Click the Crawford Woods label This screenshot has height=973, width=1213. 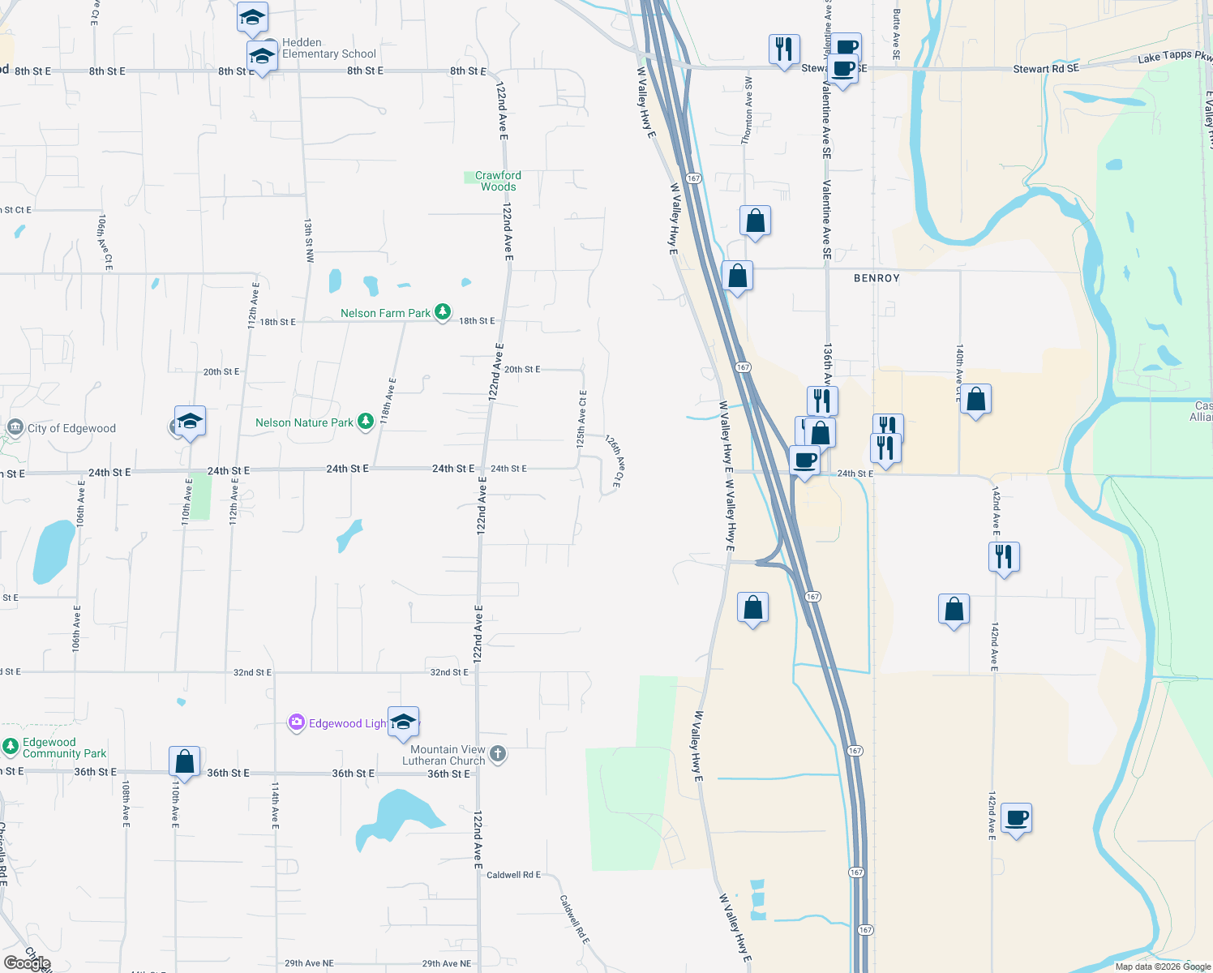[x=498, y=181]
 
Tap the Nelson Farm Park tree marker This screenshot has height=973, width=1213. [x=442, y=312]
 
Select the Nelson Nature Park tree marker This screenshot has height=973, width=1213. [x=366, y=421]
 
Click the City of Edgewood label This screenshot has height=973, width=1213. [x=71, y=428]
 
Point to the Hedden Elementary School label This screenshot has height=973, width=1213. [x=328, y=49]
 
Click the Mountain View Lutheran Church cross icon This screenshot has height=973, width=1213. [x=498, y=754]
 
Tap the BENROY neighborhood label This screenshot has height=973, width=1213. [x=877, y=278]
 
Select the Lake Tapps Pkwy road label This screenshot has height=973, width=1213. [x=1174, y=56]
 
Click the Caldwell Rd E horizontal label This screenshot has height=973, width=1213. [x=513, y=875]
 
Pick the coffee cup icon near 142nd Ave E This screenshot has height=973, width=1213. [x=1016, y=818]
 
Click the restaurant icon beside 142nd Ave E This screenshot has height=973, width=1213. [x=1004, y=557]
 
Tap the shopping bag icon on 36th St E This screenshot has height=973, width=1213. [x=184, y=762]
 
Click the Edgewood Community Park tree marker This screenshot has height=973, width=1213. [x=11, y=747]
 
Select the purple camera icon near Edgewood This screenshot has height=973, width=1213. [x=297, y=722]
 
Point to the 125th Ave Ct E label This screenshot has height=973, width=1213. [x=581, y=419]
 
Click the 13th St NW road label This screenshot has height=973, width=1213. [x=309, y=239]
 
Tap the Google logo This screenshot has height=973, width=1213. [x=27, y=962]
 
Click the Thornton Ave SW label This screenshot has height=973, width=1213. [x=748, y=112]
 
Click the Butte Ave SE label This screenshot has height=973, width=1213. [x=896, y=34]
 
